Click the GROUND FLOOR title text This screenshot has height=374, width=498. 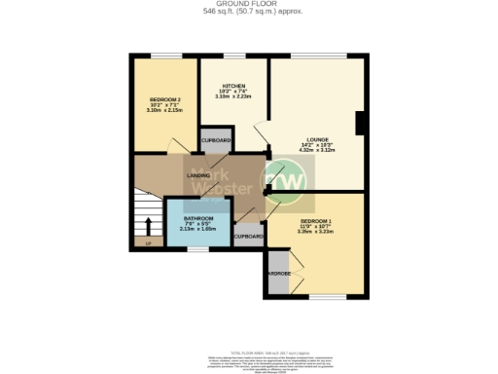248,5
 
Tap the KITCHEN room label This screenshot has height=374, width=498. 232,85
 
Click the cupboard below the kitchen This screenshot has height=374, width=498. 216,140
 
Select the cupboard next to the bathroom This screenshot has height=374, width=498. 249,236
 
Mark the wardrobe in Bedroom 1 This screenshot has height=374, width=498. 277,273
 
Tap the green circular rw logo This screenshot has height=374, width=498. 287,182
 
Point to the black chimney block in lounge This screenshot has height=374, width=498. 361,124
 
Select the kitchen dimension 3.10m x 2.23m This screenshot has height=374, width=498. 233,96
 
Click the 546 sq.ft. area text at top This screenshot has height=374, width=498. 248,13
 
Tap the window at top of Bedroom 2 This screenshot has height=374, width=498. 165,56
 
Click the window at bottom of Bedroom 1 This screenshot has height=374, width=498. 326,297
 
